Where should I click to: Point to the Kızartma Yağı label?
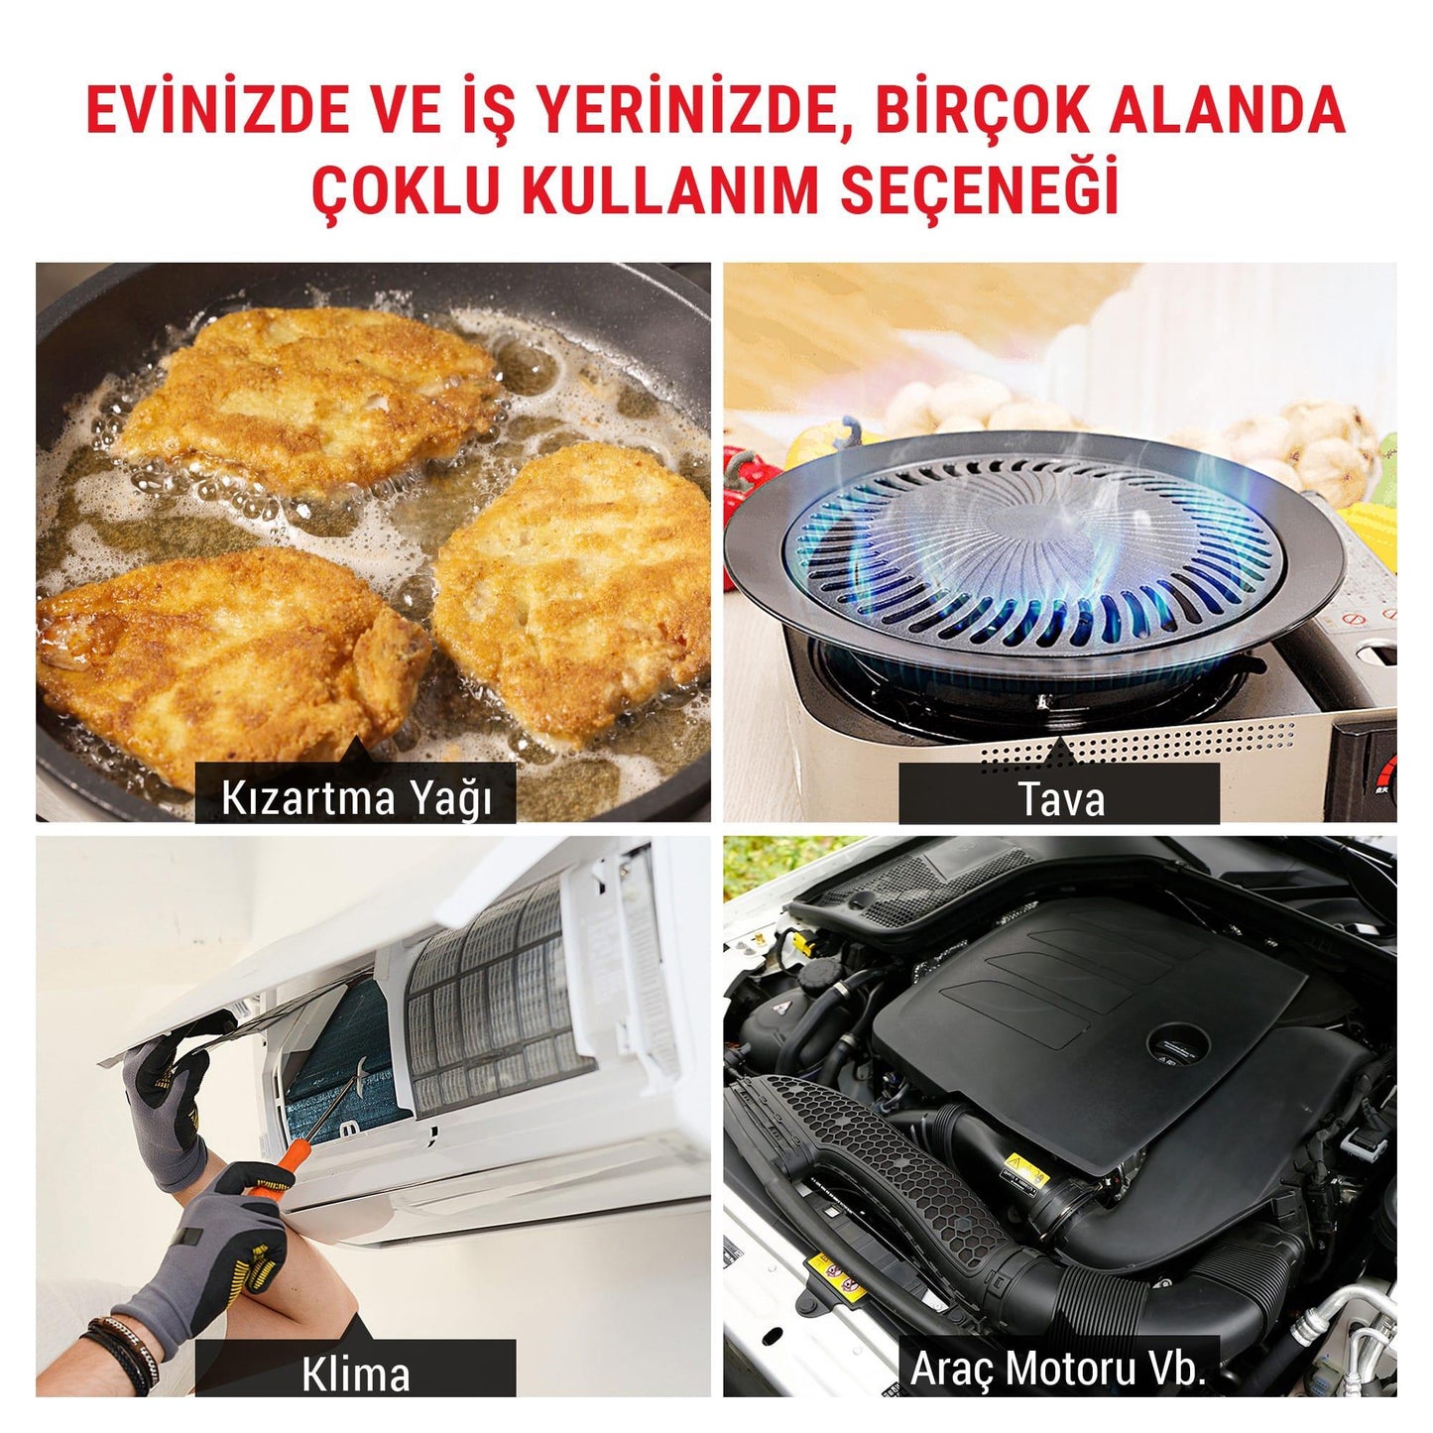(x=356, y=800)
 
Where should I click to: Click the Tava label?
(x=1060, y=800)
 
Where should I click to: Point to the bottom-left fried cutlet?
(x=223, y=661)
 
